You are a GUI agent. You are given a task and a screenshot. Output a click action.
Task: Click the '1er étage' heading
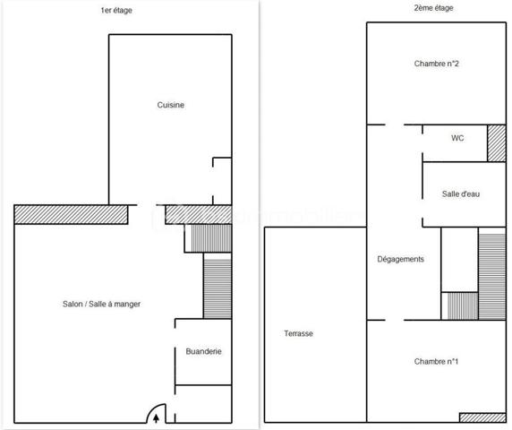click(x=122, y=12)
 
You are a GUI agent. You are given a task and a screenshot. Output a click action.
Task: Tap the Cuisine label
click(x=171, y=106)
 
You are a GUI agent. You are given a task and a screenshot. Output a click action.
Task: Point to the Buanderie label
click(x=203, y=352)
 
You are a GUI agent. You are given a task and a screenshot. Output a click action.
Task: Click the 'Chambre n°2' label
click(x=437, y=64)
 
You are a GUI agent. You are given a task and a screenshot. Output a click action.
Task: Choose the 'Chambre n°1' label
click(x=437, y=362)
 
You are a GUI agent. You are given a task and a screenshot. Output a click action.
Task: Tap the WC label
click(x=457, y=139)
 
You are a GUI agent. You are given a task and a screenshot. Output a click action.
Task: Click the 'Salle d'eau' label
click(x=461, y=194)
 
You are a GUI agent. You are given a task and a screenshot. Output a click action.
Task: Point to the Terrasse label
click(x=298, y=333)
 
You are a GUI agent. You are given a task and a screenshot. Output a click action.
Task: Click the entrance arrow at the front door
click(x=158, y=416)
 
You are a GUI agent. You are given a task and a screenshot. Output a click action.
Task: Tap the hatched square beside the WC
click(x=497, y=143)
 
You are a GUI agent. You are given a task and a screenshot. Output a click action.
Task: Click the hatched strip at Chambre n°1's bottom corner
click(x=483, y=417)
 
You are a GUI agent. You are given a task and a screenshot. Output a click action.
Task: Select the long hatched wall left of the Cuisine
click(x=71, y=215)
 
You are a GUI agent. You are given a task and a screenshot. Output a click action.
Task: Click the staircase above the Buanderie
click(x=218, y=287)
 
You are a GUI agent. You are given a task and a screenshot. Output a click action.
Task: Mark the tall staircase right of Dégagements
click(x=492, y=275)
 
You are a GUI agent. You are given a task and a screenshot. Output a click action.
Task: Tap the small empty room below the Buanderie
click(x=203, y=404)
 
